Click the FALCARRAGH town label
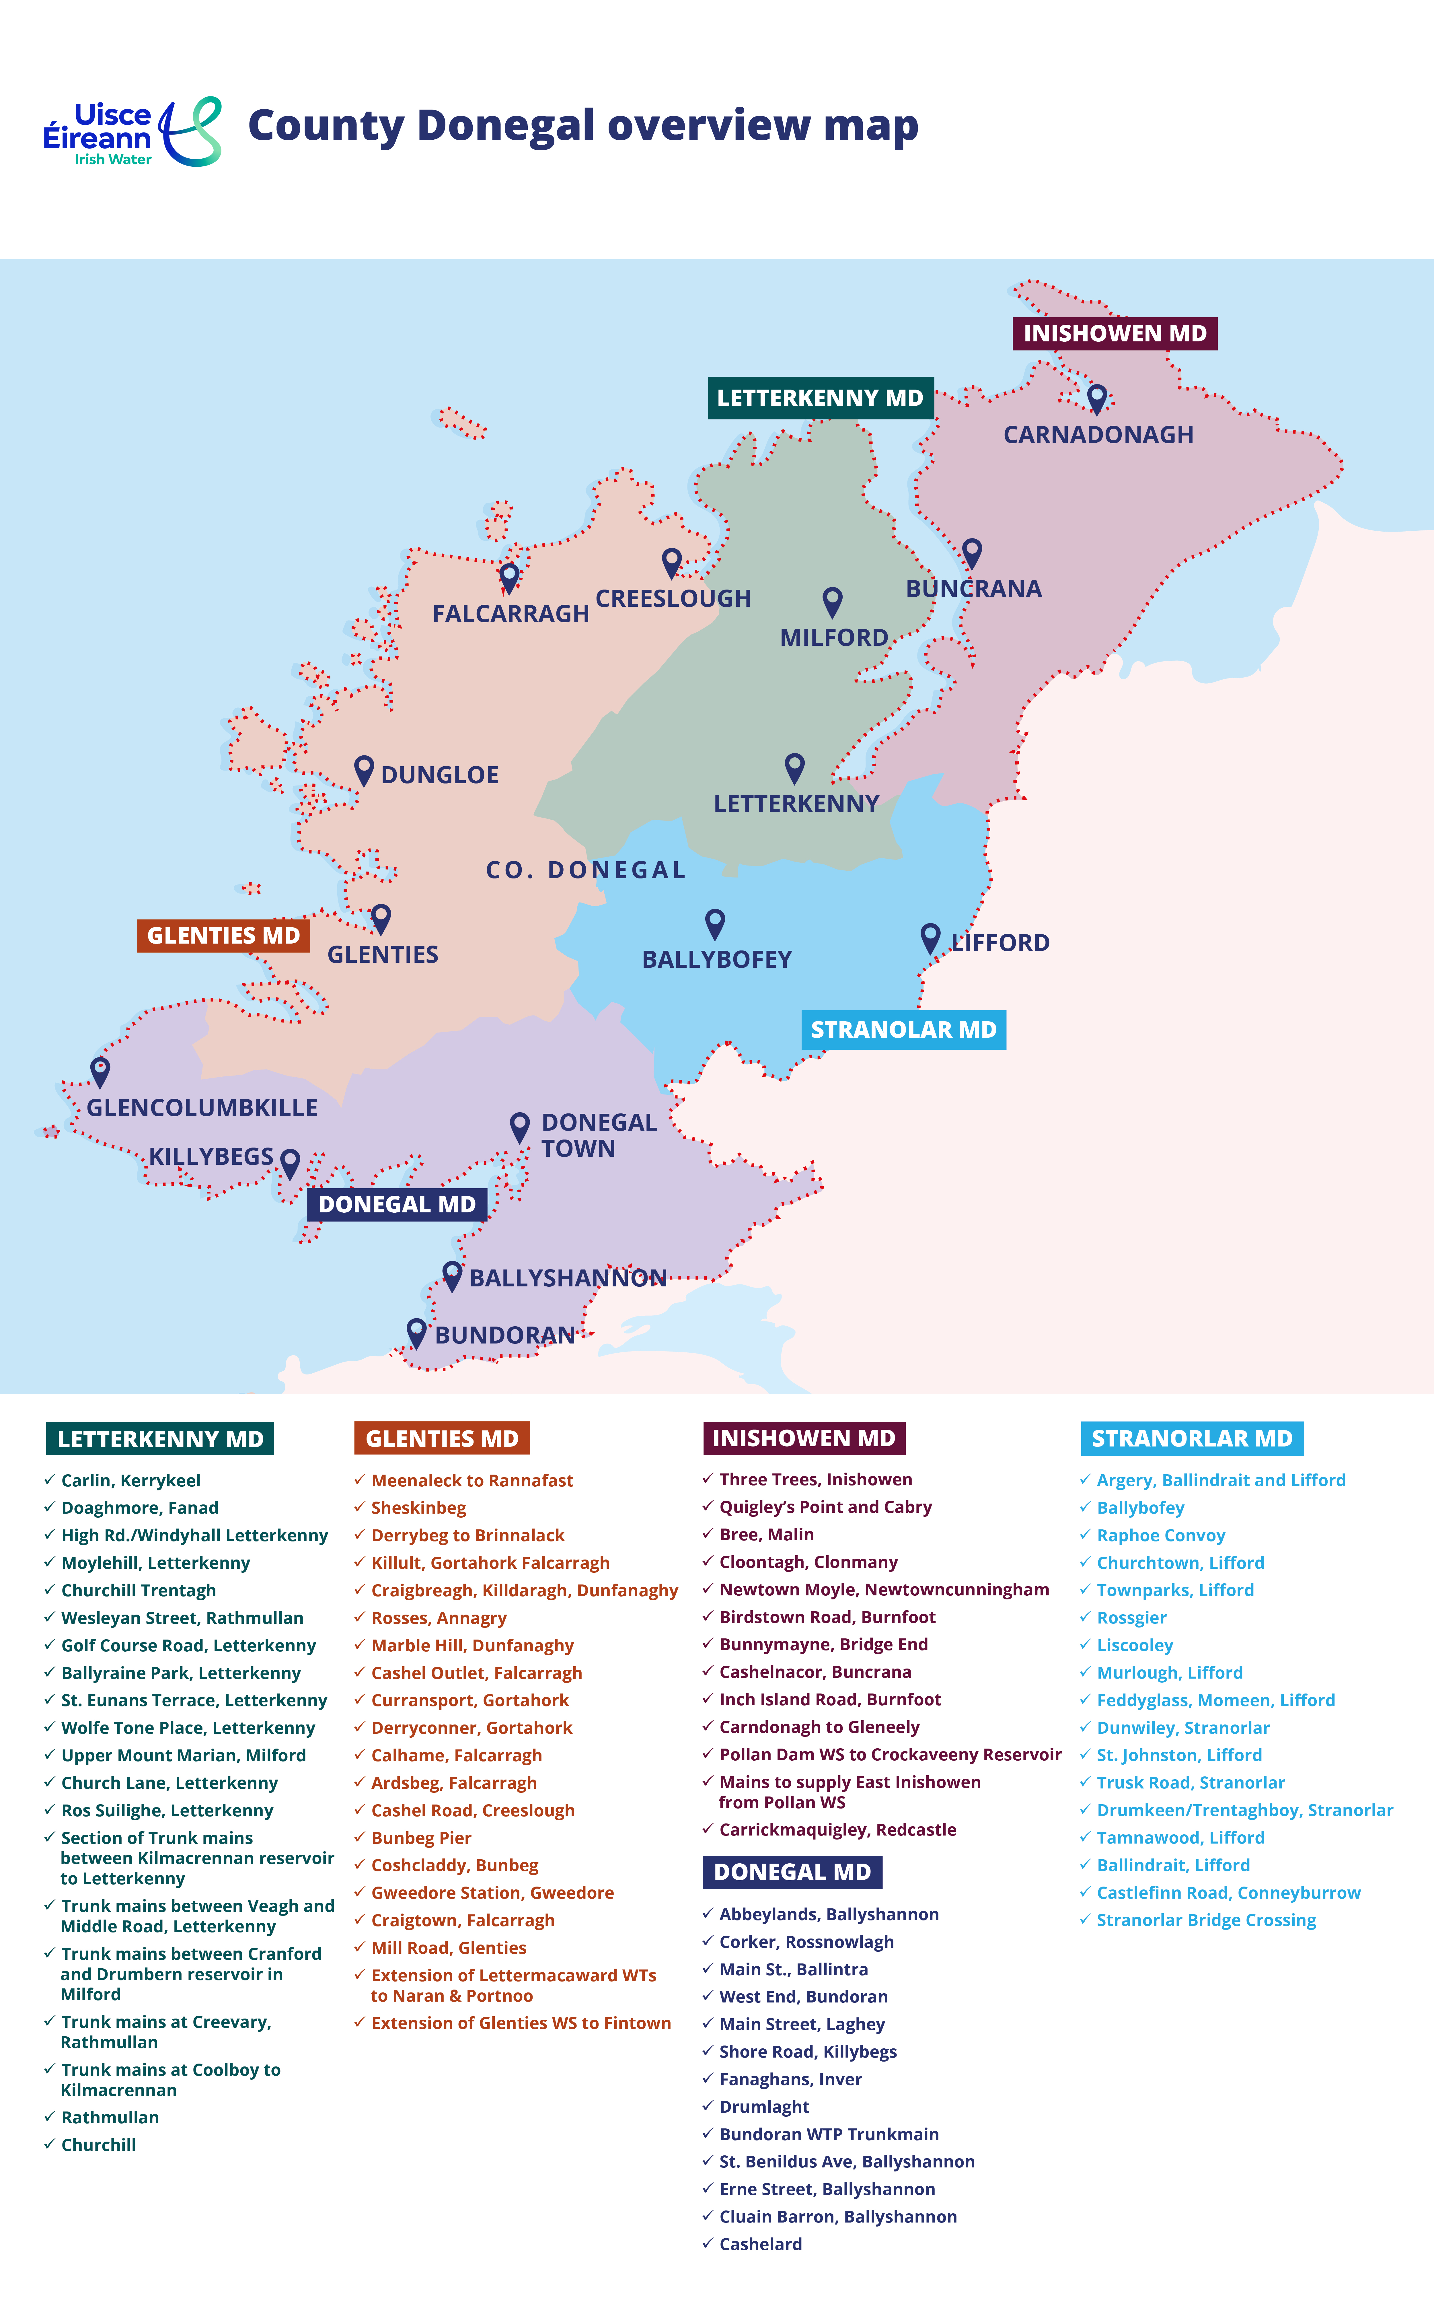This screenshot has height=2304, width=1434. (510, 614)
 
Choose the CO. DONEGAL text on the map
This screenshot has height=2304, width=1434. (585, 870)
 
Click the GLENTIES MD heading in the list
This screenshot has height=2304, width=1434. (442, 1438)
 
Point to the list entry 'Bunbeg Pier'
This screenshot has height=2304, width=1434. (421, 1837)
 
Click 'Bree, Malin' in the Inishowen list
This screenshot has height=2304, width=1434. (766, 1534)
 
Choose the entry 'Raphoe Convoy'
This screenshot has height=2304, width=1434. (1161, 1535)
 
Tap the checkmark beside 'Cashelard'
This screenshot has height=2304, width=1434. (708, 2243)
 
